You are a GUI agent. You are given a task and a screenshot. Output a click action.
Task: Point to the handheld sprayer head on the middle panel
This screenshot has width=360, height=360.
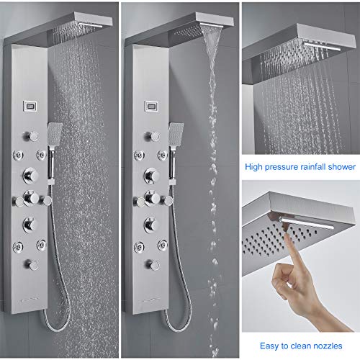177,134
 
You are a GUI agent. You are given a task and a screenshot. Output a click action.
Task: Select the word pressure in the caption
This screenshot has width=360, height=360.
284,168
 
